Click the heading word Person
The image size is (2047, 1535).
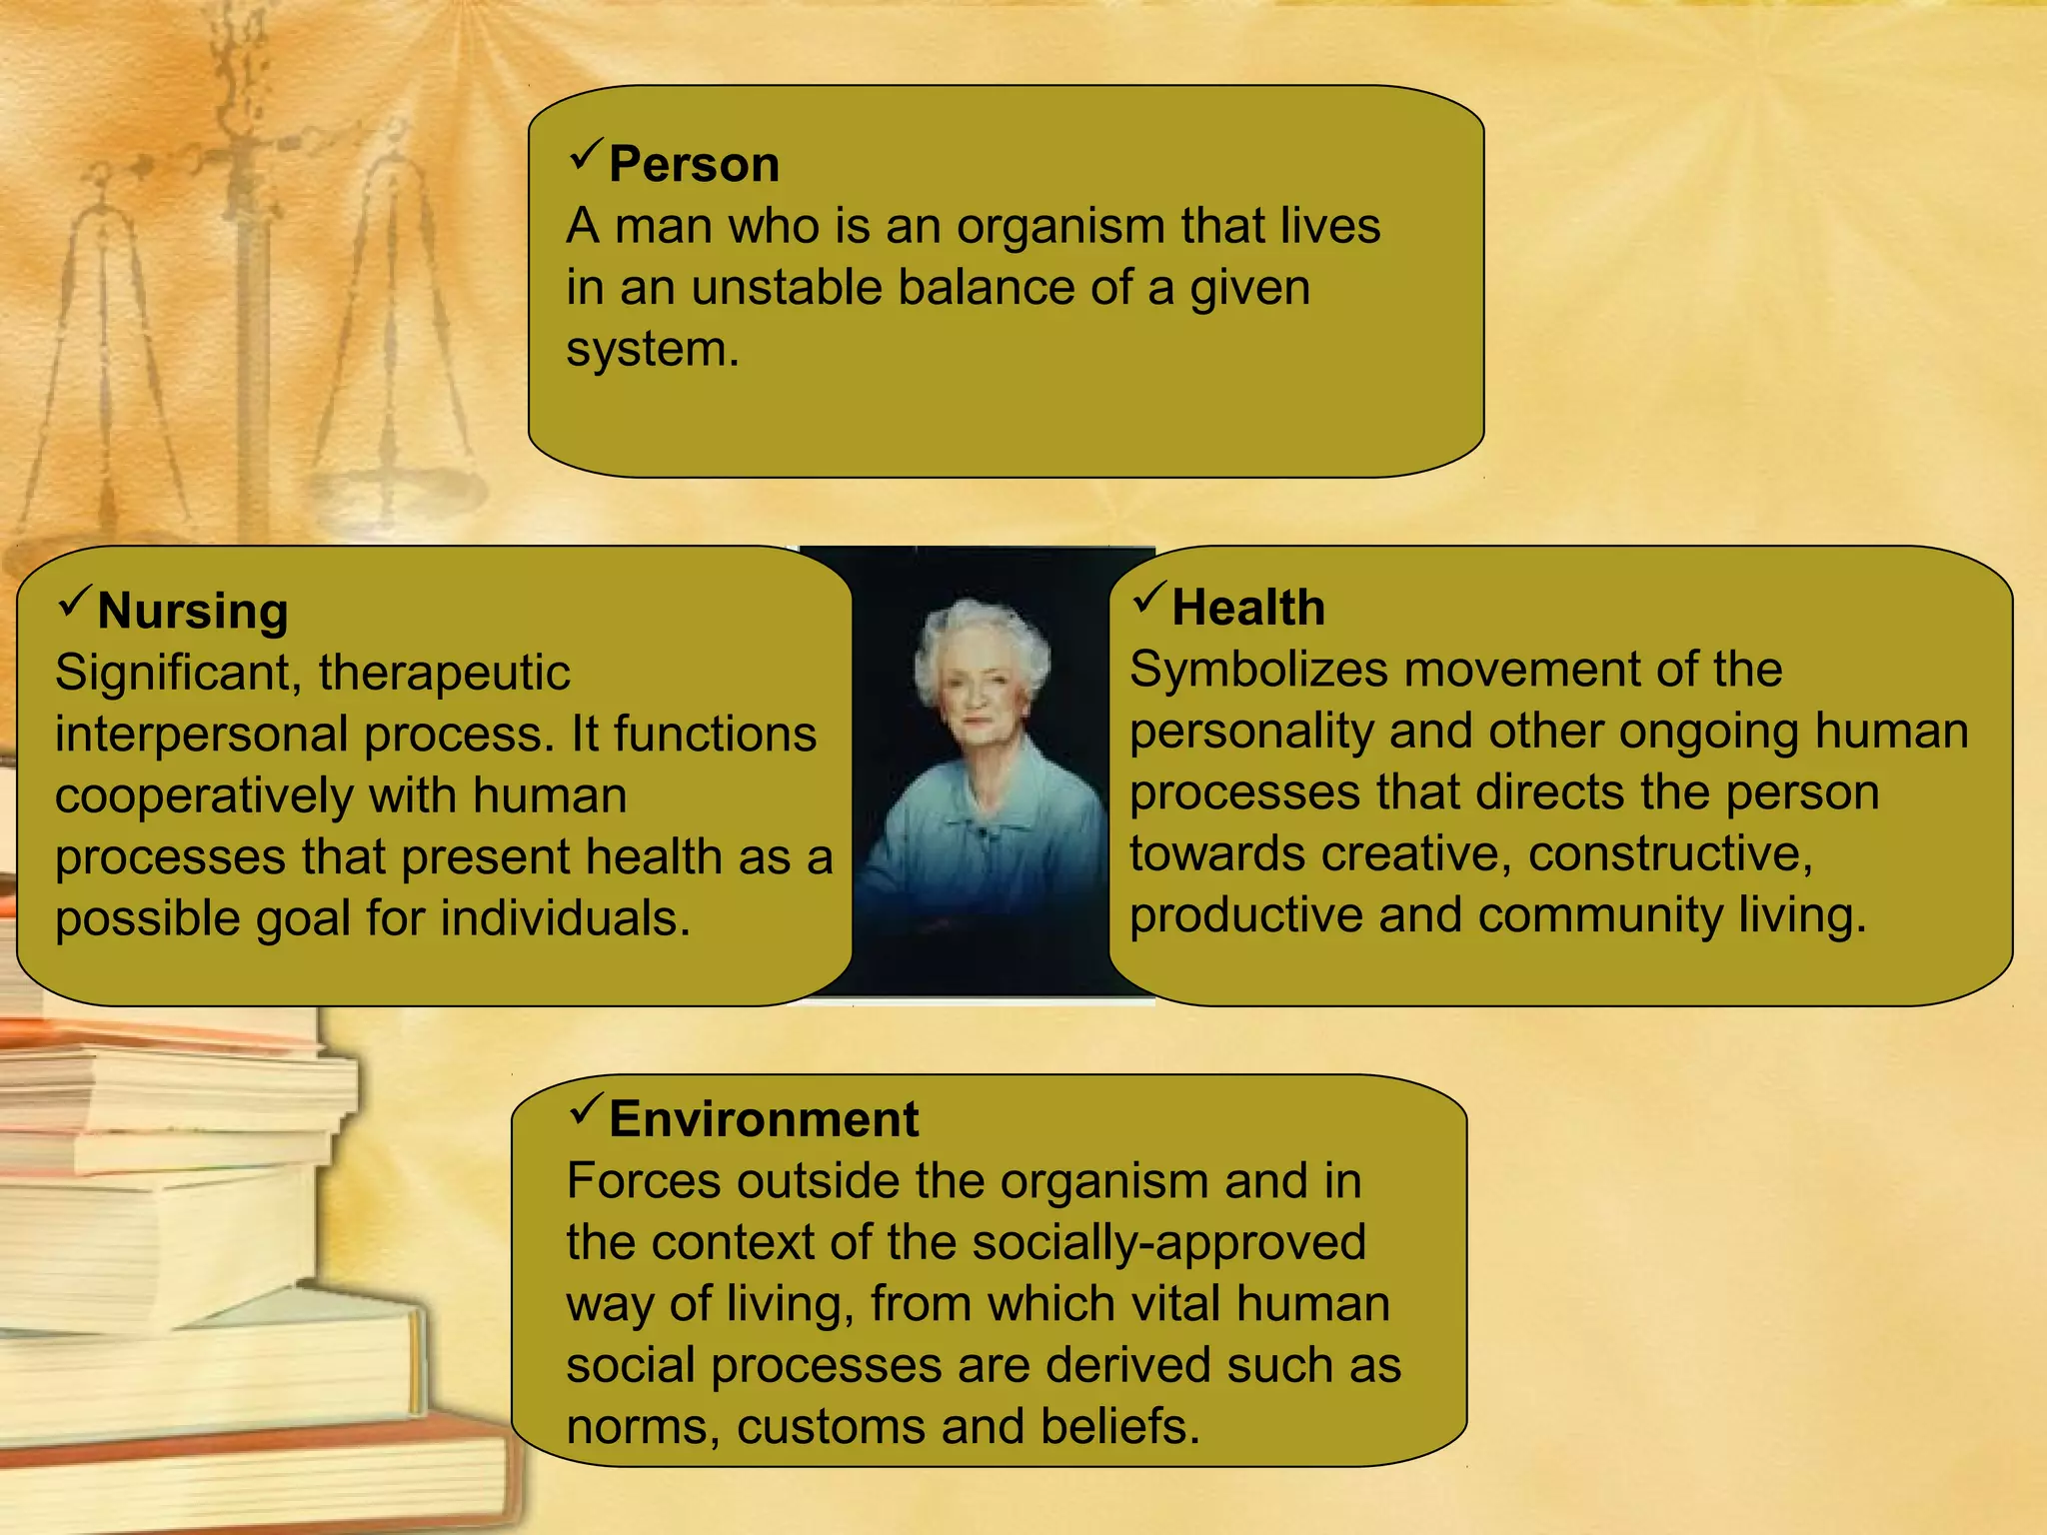click(x=694, y=165)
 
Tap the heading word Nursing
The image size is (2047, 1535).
click(x=193, y=611)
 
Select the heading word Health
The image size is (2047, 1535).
click(x=1248, y=608)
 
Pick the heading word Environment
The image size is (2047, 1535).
click(x=764, y=1118)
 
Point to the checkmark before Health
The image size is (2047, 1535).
click(x=1149, y=598)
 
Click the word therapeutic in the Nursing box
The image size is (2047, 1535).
click(x=444, y=673)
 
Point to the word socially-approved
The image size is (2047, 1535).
click(x=1168, y=1242)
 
